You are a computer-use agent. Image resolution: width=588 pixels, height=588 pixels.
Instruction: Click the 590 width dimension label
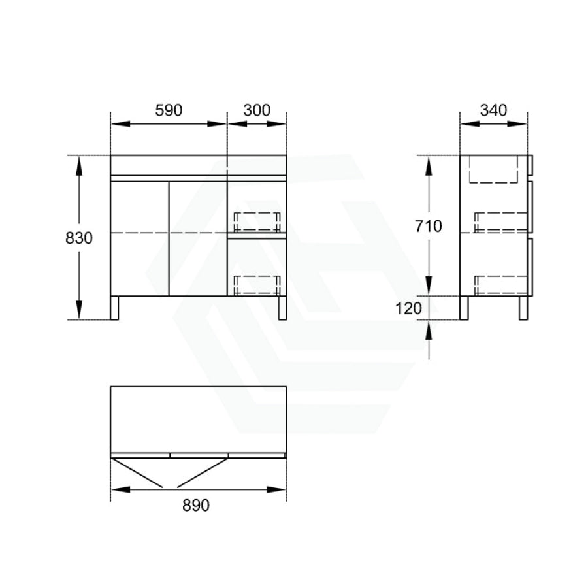[x=169, y=110]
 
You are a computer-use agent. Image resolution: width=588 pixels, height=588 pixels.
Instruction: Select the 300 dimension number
[x=257, y=110]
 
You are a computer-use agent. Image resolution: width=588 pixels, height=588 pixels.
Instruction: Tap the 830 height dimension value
[x=79, y=238]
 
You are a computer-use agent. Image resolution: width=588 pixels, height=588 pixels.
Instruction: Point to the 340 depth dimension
[x=493, y=110]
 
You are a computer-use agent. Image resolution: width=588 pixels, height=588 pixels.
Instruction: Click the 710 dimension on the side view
[x=428, y=226]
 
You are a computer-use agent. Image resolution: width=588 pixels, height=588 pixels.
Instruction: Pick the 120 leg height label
[x=409, y=308]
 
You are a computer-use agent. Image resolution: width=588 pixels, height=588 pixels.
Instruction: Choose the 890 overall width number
[x=196, y=506]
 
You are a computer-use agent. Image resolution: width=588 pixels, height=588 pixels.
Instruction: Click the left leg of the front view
[x=114, y=308]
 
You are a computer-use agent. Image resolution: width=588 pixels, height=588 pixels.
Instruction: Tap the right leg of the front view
[x=282, y=308]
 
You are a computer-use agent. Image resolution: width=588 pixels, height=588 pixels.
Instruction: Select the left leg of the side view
[x=465, y=308]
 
